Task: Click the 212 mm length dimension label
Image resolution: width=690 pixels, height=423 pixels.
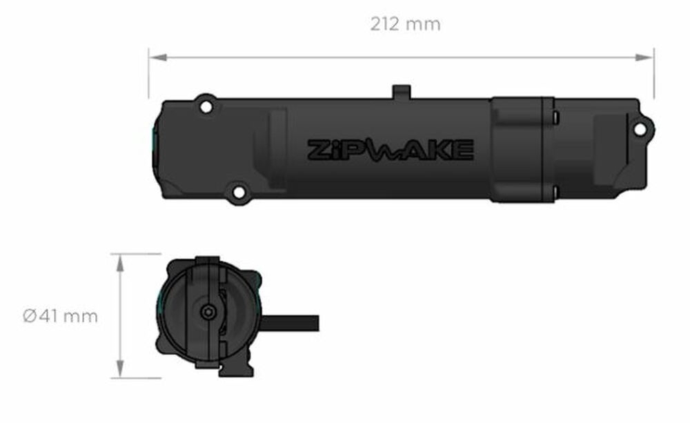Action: [x=405, y=24]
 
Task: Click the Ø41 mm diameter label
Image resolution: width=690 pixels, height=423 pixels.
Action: [x=60, y=317]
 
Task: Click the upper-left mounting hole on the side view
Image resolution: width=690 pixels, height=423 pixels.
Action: [x=205, y=107]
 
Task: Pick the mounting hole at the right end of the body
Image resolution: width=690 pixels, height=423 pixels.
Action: [x=640, y=129]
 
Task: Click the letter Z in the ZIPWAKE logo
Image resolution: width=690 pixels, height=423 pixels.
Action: [x=318, y=149]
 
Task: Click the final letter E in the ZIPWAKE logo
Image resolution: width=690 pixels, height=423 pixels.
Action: [x=464, y=149]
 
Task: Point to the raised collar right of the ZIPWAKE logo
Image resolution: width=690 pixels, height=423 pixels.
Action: [x=522, y=149]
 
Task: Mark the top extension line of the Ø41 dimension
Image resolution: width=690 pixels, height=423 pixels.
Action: [x=141, y=254]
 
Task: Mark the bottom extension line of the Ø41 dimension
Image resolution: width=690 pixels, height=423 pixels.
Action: [x=141, y=378]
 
